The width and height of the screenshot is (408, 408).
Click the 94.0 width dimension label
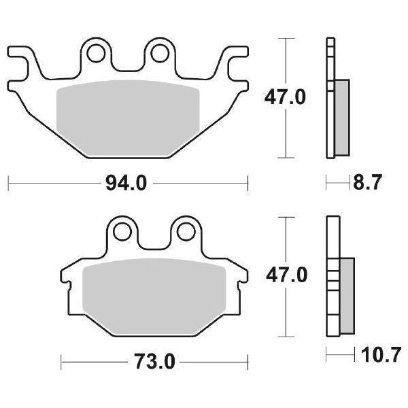(127, 183)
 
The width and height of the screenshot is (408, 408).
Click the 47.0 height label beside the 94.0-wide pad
(285, 98)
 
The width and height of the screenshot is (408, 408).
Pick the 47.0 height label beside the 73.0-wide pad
(285, 275)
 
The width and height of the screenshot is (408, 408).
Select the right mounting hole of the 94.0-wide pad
(160, 52)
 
